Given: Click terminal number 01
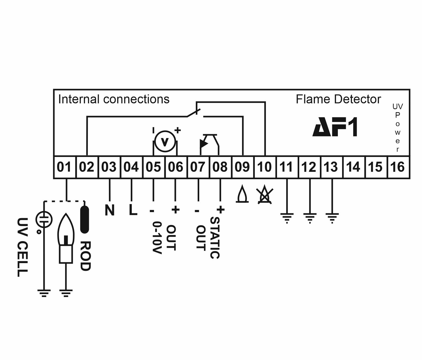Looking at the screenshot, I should pos(65,167).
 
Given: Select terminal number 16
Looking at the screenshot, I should pos(398,167).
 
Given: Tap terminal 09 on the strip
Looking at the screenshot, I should pos(242,167).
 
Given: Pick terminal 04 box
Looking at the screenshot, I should pos(131,167).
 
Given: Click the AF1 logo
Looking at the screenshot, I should pos(335,127).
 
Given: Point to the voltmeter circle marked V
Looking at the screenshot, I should pos(165,142).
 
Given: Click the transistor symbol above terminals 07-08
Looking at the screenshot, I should pos(209,143).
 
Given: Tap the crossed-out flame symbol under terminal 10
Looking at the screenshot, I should pos(265,196).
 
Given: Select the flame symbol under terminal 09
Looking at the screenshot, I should pos(242,195).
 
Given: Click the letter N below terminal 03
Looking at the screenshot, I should pos(110,210).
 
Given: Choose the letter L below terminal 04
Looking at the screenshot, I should pos(133,210).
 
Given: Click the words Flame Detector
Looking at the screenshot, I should pos(338,100).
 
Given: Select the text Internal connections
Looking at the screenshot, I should pos(114,100).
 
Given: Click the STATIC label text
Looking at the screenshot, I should pos(215,238).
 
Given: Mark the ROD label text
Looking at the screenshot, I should pos(85,256).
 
